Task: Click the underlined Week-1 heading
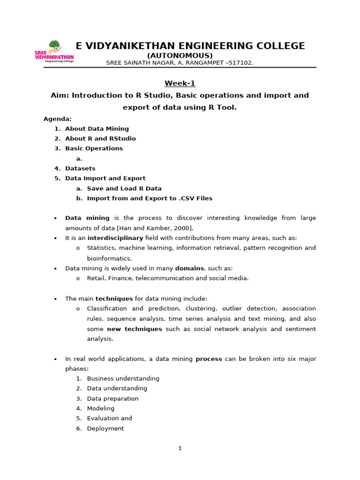180,83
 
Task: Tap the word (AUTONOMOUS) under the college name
180,55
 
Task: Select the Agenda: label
58,119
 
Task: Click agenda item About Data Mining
97,128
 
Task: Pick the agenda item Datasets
80,168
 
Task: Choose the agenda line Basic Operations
94,148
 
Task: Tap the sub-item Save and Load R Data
124,188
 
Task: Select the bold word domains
189,268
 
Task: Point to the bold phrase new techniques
135,329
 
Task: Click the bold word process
209,359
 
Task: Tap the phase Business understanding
123,378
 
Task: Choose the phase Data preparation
112,398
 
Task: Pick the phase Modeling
100,408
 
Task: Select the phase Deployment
105,428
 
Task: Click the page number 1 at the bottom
180,448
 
